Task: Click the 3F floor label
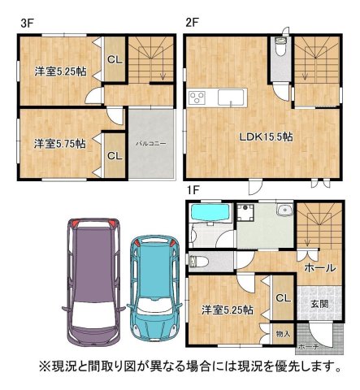tap(27, 23)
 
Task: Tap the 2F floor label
tap(192, 23)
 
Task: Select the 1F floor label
tap(193, 189)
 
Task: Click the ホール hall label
tap(315, 266)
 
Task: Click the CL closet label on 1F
tap(282, 298)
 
